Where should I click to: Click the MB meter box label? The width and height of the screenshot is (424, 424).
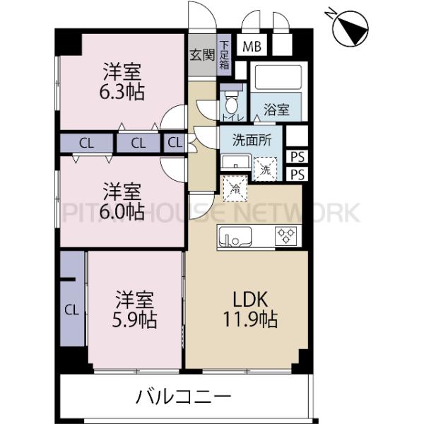(x=250, y=47)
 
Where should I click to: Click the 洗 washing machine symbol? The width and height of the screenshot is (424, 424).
(x=265, y=169)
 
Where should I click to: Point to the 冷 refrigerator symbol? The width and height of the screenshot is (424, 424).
(x=233, y=188)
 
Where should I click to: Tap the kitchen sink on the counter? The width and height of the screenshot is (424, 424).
(x=234, y=236)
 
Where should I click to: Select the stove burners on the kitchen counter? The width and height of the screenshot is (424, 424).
(x=286, y=235)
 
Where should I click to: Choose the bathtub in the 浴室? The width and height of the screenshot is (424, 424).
(x=277, y=78)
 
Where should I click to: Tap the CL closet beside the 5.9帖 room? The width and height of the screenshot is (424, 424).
(x=71, y=309)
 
